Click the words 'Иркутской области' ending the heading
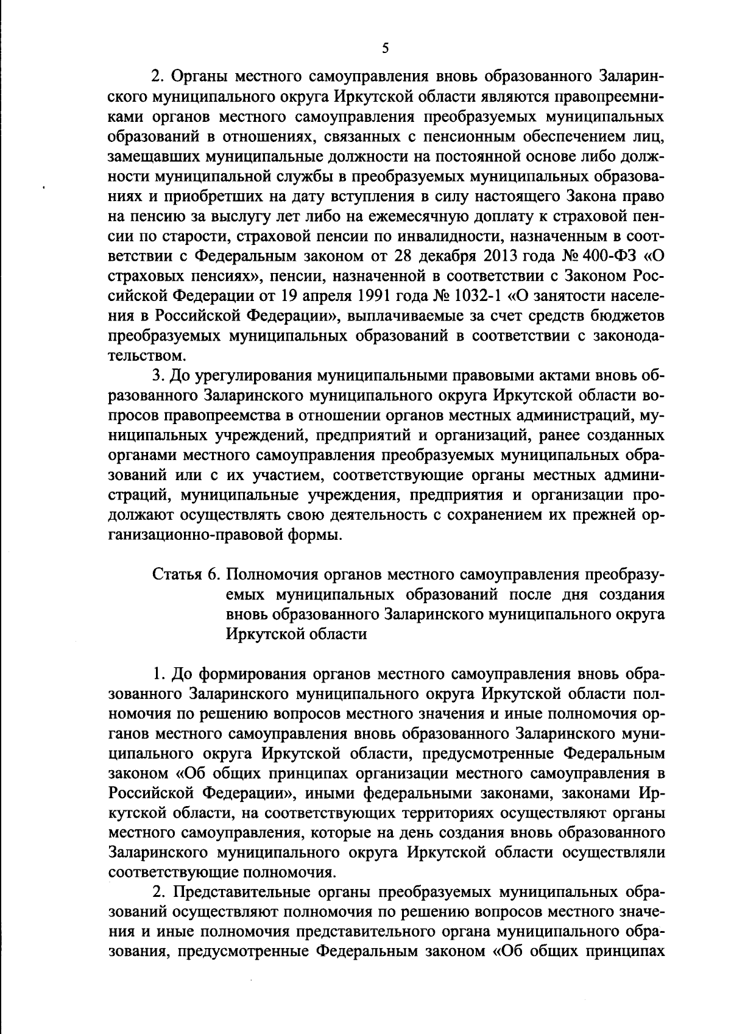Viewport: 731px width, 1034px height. point(296,634)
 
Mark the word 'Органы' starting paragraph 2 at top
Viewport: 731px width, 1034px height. point(199,77)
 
